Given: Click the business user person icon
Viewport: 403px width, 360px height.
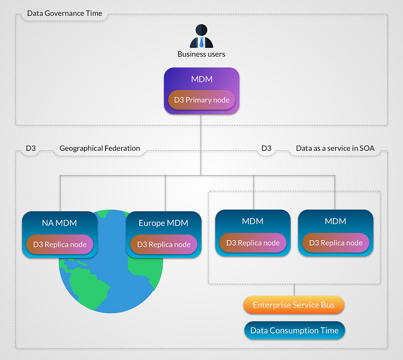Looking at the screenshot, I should coord(201,37).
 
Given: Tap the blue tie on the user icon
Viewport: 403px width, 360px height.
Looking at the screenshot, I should coord(201,43).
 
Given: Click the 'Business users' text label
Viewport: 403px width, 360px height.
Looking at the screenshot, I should coord(201,54).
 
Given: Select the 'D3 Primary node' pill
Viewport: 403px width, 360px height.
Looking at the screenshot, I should coord(201,100).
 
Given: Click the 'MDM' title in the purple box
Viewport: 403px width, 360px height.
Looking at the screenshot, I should coord(201,78).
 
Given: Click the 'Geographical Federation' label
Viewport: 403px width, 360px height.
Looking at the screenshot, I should coord(99,149).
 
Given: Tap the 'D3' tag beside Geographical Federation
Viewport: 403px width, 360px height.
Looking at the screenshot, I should coord(31,149).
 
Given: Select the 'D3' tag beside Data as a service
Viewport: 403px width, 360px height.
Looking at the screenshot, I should coord(266,149).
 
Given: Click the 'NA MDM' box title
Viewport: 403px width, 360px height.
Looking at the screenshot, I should coord(59,223).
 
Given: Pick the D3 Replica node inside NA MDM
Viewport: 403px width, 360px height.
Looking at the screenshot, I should coord(59,245).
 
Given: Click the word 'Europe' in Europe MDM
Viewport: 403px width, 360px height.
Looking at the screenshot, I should coord(151,223).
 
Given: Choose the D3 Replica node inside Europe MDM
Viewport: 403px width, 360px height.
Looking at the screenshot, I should coord(163,245).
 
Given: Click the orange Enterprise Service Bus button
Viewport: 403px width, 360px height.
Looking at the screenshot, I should coord(293,305).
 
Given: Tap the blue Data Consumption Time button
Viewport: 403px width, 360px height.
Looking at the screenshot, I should coord(293,330).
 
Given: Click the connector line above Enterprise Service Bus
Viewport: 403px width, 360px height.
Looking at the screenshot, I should coord(293,290).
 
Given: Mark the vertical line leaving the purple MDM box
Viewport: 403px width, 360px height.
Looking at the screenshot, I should coord(201,143).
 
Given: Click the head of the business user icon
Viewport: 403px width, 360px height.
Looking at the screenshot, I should coord(201,30).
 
